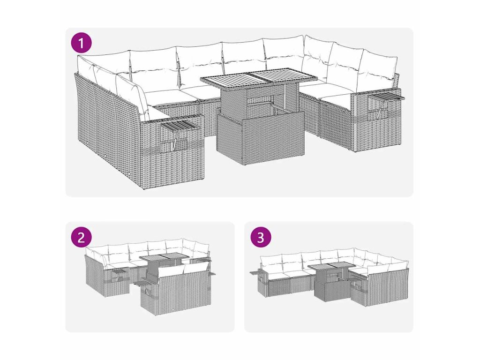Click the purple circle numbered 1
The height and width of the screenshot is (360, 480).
click(x=81, y=43)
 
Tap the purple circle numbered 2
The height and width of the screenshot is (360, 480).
click(x=81, y=237)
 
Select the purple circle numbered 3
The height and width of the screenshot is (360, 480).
click(x=261, y=237)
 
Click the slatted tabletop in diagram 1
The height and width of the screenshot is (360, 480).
click(x=249, y=78)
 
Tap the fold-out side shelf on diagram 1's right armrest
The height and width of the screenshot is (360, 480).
click(x=387, y=97)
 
